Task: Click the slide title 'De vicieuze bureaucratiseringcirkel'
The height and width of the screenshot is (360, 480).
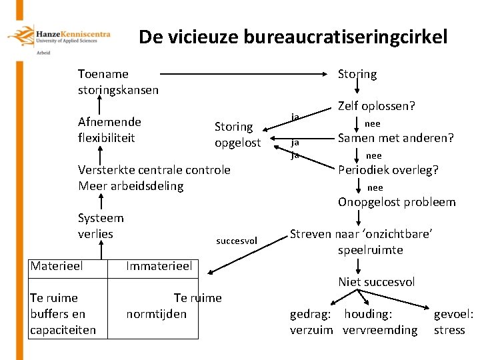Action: click(x=293, y=37)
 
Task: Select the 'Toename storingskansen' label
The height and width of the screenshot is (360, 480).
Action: click(x=118, y=82)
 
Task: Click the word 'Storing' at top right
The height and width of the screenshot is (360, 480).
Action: click(x=357, y=74)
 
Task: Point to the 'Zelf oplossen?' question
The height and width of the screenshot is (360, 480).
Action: click(x=376, y=106)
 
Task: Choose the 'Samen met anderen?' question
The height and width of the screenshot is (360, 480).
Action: click(x=395, y=139)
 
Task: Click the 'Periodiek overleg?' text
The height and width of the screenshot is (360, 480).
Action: click(x=388, y=170)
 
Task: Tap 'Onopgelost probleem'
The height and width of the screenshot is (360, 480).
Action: click(x=397, y=202)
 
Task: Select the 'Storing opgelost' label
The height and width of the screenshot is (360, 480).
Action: click(x=237, y=134)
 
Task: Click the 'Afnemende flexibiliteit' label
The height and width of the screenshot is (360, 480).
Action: click(x=109, y=130)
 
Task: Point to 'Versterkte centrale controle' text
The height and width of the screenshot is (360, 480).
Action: click(x=154, y=170)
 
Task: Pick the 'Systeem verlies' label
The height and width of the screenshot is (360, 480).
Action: click(x=101, y=226)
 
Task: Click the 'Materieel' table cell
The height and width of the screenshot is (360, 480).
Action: click(x=57, y=266)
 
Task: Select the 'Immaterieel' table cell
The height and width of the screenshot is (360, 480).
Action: click(x=159, y=267)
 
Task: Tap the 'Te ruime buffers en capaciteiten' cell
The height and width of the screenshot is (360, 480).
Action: click(x=63, y=313)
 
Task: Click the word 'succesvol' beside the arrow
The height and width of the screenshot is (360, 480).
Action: click(x=236, y=241)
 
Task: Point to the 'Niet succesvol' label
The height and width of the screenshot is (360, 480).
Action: click(x=376, y=282)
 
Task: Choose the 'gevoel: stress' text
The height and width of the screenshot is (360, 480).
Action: click(x=453, y=321)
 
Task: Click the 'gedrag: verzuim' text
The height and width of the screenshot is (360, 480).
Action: click(x=311, y=321)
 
